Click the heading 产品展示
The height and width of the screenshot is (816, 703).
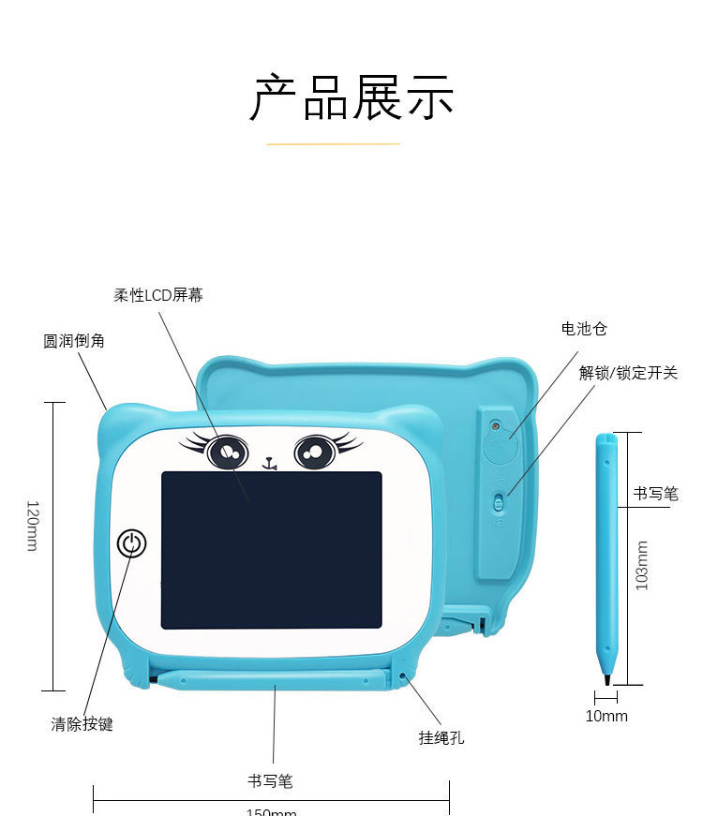pyautogui.click(x=351, y=96)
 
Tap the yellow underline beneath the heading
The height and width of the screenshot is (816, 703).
pyautogui.click(x=334, y=144)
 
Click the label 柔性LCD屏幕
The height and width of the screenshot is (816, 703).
pyautogui.click(x=158, y=295)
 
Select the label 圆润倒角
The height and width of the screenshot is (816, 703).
pyautogui.click(x=74, y=341)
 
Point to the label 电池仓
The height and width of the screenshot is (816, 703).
pyautogui.click(x=584, y=329)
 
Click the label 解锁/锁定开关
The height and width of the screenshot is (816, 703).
pyautogui.click(x=628, y=373)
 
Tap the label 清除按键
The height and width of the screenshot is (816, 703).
pyautogui.click(x=82, y=724)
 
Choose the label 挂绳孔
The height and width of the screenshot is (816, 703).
pyautogui.click(x=441, y=738)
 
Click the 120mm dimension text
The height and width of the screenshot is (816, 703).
pyautogui.click(x=32, y=525)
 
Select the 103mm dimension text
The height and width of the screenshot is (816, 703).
pyautogui.click(x=642, y=565)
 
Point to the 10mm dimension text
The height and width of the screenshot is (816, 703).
pyautogui.click(x=606, y=716)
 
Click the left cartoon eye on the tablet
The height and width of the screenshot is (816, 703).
pyautogui.click(x=226, y=453)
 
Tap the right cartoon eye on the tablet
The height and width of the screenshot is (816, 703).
pyautogui.click(x=315, y=453)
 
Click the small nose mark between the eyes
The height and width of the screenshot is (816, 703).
pyautogui.click(x=270, y=462)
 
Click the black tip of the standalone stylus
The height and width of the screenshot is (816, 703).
pyautogui.click(x=607, y=677)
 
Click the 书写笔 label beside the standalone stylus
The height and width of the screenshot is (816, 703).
pyautogui.click(x=655, y=494)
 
